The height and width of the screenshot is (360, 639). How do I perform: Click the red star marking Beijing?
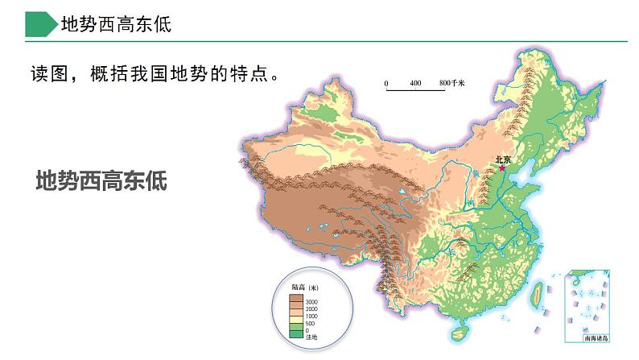point(504,169)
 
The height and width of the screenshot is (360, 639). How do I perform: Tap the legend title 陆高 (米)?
point(305,288)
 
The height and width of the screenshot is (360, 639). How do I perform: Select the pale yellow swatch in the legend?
point(297,320)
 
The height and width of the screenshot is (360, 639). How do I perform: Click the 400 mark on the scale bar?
point(415,84)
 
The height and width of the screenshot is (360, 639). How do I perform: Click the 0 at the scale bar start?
point(386,84)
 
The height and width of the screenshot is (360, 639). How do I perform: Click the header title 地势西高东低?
point(117,25)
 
